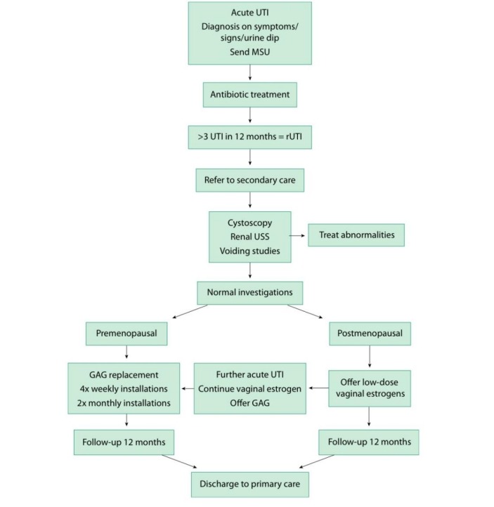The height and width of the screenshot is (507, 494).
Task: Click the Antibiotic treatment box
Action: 249,93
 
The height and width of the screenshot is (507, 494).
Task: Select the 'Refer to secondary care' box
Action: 249,180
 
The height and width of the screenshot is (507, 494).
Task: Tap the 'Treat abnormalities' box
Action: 356,236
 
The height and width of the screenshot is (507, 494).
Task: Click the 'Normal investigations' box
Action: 249,291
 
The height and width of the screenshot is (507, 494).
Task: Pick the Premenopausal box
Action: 126,334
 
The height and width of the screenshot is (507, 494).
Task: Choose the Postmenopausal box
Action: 370,334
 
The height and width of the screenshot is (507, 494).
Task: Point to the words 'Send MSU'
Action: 249,51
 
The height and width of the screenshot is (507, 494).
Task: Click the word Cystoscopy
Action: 249,223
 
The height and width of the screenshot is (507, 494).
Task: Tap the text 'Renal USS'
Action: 249,236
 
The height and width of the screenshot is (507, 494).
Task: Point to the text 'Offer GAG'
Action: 249,402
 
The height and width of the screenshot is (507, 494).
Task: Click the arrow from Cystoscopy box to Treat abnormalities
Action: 299,236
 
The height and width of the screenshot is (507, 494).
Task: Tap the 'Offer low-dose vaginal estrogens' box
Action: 370,388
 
